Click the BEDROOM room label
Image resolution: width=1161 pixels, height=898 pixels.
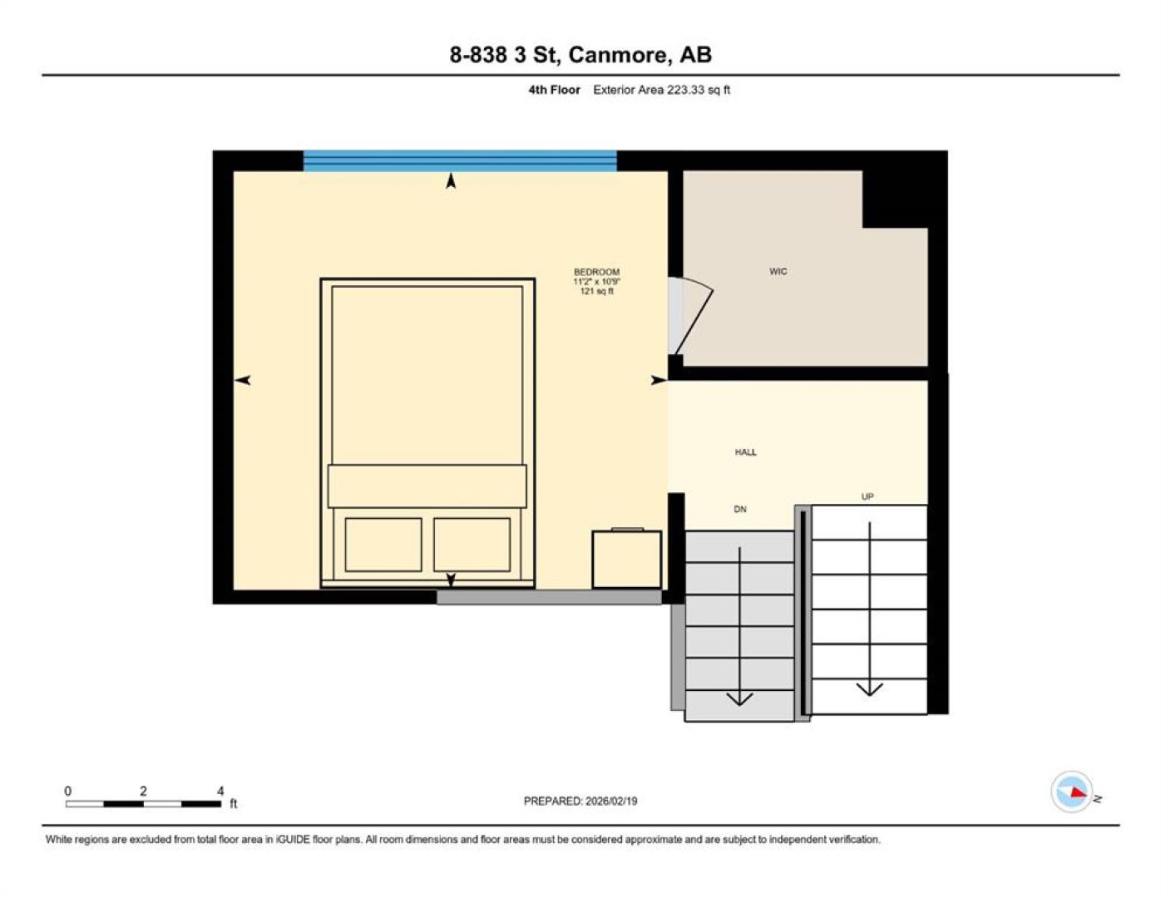[x=596, y=272]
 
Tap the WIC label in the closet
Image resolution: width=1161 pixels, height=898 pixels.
[x=778, y=271]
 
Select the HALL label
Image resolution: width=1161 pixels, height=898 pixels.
[x=745, y=452]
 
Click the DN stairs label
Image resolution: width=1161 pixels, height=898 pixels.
[x=740, y=509]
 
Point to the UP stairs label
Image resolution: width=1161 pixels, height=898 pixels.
[x=867, y=496]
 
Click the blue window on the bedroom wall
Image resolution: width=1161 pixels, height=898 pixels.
[x=460, y=160]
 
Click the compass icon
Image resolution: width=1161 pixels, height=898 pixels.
[x=1072, y=792]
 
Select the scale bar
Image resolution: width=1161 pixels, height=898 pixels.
[x=143, y=803]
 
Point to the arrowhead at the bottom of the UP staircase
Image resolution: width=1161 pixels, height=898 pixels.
[x=869, y=689]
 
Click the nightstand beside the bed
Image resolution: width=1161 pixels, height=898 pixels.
[x=627, y=559]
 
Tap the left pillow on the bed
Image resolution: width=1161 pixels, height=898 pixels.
[x=383, y=545]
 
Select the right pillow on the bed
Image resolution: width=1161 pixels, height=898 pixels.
[x=472, y=545]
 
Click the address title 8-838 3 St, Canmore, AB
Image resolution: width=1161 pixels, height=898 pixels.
[x=580, y=55]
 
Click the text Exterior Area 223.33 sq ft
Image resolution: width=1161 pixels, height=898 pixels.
[x=661, y=90]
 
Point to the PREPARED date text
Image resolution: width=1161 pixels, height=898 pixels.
[x=580, y=801]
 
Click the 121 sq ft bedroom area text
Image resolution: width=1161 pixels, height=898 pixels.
[x=597, y=291]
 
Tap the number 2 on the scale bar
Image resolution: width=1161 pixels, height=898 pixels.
[x=143, y=791]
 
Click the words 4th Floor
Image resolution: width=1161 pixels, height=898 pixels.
[x=554, y=90]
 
